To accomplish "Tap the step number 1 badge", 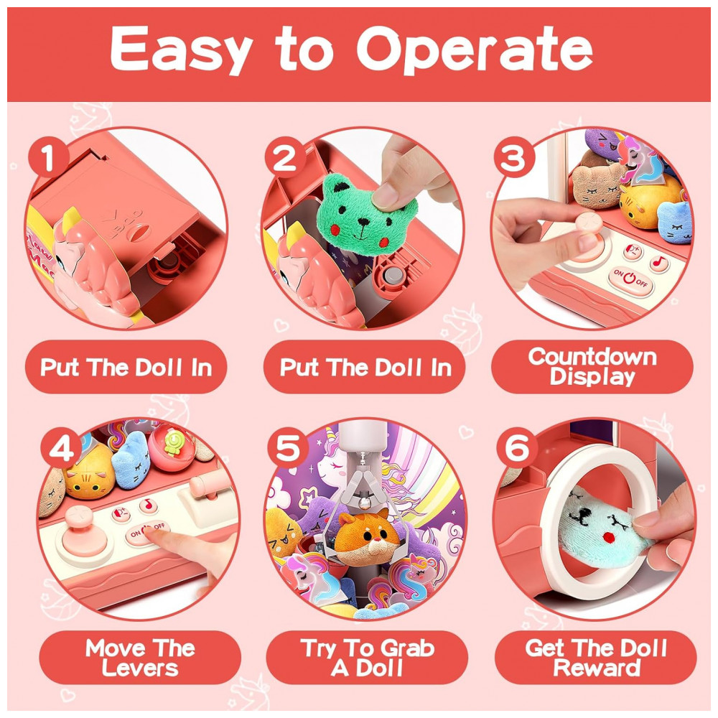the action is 48,158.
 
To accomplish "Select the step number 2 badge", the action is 285,158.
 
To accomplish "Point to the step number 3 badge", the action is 513,158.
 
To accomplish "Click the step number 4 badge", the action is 62,449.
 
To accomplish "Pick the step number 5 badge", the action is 288,449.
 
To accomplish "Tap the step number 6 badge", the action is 517,449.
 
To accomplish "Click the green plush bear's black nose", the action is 363,222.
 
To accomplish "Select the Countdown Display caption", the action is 592,366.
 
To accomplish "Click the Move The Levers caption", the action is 140,658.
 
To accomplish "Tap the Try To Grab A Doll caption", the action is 367,658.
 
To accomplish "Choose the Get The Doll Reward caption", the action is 596,658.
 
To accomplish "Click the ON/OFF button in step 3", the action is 630,278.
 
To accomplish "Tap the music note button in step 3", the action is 659,262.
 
